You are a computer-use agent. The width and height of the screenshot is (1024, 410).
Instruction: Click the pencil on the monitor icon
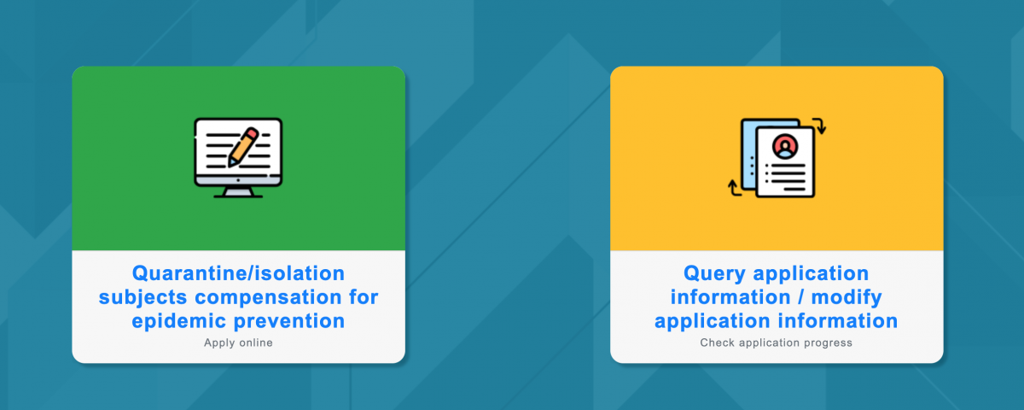click(x=244, y=147)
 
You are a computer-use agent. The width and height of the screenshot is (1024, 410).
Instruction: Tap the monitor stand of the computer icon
click(x=238, y=192)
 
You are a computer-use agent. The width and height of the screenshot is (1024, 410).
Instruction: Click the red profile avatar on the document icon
click(x=785, y=146)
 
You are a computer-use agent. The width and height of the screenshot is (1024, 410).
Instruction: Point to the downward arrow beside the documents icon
click(x=820, y=126)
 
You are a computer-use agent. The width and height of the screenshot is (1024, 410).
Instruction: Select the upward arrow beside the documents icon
click(x=734, y=188)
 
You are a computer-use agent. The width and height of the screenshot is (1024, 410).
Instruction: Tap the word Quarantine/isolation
click(x=238, y=273)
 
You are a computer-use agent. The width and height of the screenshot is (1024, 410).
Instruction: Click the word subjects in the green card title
click(x=143, y=297)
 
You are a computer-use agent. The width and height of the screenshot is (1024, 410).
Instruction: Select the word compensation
click(x=268, y=297)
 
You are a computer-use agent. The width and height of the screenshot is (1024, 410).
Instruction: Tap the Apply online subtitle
click(x=238, y=343)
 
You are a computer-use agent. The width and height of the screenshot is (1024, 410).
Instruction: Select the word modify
click(x=847, y=297)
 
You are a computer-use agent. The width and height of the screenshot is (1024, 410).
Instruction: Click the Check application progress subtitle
click(x=777, y=343)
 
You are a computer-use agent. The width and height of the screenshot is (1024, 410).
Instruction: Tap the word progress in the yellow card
click(x=829, y=343)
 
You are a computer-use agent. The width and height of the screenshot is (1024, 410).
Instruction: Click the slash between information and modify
click(x=801, y=297)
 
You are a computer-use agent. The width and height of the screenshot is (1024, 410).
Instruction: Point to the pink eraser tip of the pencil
click(x=253, y=132)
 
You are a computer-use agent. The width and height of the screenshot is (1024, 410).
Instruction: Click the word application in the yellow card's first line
click(x=811, y=274)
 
